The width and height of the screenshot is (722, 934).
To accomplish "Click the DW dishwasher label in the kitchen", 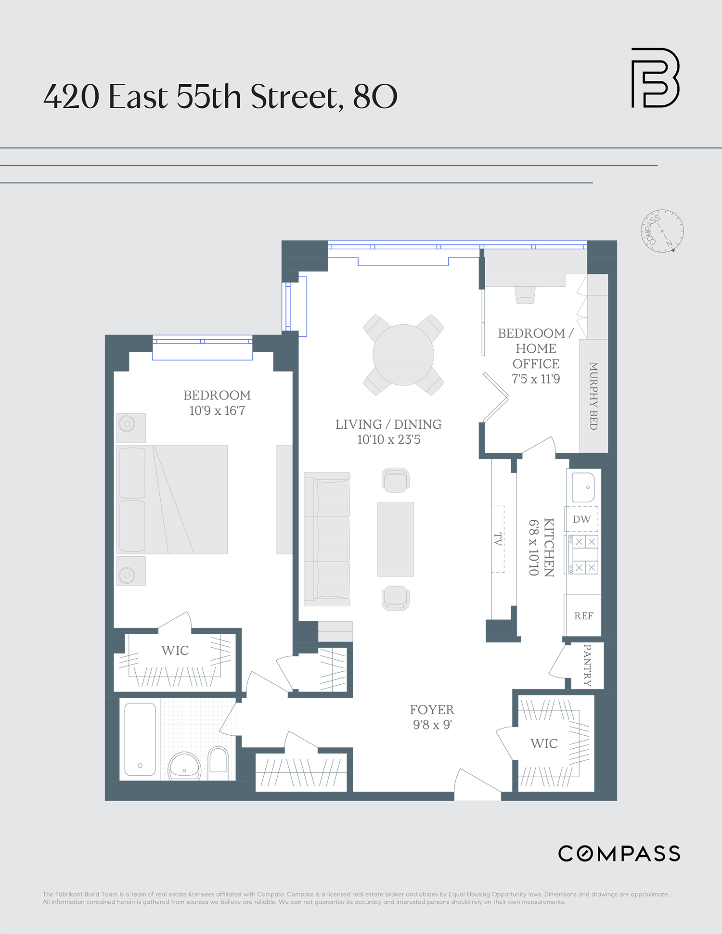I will point(581,519).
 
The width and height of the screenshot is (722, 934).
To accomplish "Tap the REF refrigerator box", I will point(583,616).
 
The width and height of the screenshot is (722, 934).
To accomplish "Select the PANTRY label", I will point(587,665).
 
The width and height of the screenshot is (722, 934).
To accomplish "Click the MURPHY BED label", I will point(594,396).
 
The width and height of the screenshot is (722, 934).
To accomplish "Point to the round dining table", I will point(403,355).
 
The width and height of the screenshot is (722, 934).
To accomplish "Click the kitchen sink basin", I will point(583,487).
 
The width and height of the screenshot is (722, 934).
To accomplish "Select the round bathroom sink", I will point(184,767).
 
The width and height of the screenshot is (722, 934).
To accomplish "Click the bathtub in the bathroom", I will point(140,739).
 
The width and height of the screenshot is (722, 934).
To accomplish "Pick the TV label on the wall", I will point(498,539).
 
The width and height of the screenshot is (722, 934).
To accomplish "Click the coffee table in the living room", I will point(395,539).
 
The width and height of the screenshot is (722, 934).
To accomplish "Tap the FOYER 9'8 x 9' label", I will point(432,717).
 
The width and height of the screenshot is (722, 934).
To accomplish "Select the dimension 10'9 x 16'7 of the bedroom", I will point(217,411).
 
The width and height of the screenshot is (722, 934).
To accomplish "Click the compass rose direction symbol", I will point(662,231).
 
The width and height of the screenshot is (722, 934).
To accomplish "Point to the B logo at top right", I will point(655,77).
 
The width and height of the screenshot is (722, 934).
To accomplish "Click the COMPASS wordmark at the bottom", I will point(619,854).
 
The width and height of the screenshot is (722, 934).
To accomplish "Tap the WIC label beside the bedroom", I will point(175,651).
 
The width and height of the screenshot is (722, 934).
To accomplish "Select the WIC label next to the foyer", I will point(544,744).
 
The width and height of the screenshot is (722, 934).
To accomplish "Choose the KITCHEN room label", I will point(549,547).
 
